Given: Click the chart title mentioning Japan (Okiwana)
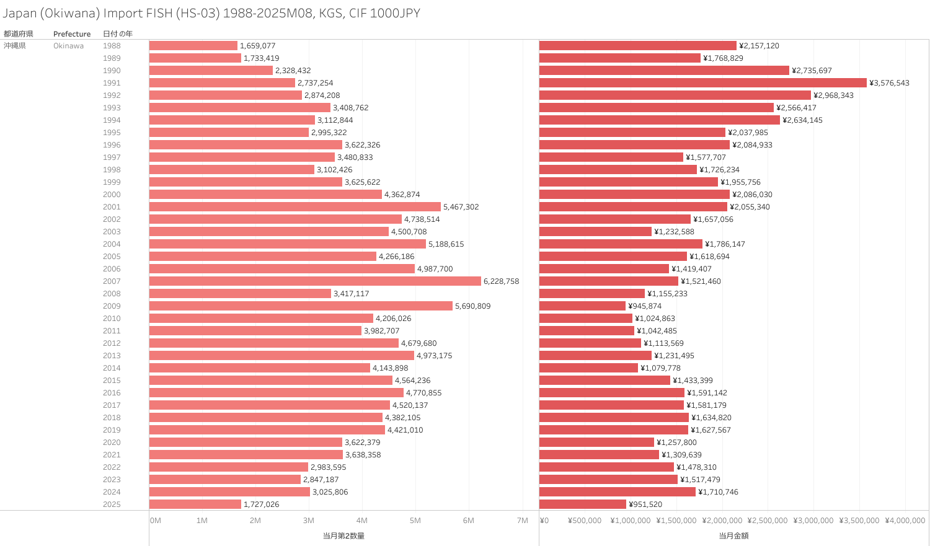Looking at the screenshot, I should point(211,13).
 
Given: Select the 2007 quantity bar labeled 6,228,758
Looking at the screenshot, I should point(315,281).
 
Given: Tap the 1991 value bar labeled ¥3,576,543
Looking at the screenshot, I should point(702,83).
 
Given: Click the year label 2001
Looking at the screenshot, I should point(112,207).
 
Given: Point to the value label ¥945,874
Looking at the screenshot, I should point(645,306).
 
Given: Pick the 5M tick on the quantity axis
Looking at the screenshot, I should point(415,521).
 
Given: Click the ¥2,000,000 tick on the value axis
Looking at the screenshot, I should point(722,521).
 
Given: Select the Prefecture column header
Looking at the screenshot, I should point(72,34).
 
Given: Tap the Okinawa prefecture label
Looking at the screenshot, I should point(68,46).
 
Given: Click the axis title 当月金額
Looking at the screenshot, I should point(733,535).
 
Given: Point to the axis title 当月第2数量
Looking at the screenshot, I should point(343,535).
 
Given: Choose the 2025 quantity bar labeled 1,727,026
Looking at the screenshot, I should point(195,504).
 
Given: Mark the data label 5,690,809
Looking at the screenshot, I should point(472,306).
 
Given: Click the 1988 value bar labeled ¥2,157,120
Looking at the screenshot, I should point(637,46).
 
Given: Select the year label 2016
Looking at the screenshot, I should point(112,393).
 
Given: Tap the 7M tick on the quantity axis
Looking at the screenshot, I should point(522,521).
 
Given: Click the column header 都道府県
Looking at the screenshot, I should point(19,34).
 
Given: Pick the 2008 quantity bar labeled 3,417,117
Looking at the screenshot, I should point(240,294).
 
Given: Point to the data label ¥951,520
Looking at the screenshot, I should point(645,504).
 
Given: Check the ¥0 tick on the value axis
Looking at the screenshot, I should point(544,521).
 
